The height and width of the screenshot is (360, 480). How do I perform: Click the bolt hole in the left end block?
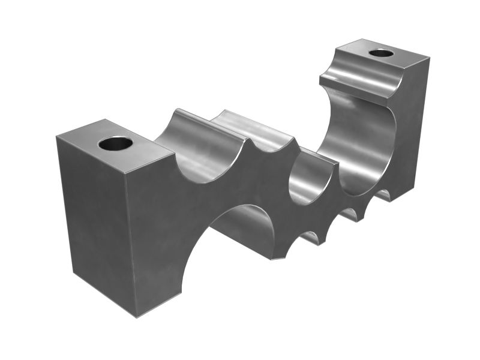(116, 144)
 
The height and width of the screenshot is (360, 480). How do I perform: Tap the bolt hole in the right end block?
(381, 53)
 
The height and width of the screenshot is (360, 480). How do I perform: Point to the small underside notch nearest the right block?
(384, 195)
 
